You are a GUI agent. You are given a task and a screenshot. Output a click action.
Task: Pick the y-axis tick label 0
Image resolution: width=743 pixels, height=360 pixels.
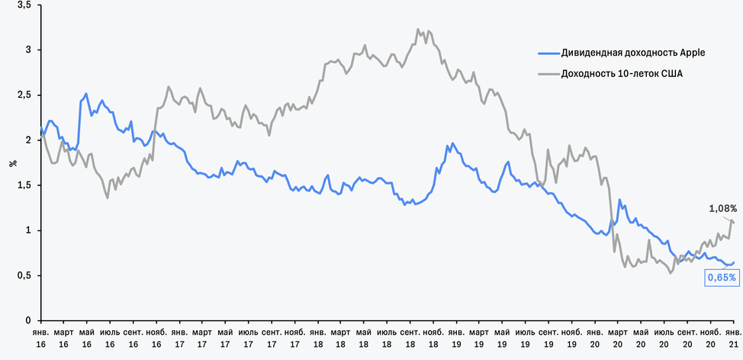[x=27, y=321]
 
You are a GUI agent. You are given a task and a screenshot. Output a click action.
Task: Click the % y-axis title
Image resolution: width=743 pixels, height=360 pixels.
[x=13, y=162]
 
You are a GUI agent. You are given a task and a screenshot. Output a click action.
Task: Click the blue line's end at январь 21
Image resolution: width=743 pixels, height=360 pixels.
[x=733, y=262]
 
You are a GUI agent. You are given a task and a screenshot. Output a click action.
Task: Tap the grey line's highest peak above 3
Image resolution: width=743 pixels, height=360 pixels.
[x=418, y=30]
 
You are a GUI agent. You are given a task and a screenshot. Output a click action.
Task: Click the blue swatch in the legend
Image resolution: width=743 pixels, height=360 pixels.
[x=547, y=53]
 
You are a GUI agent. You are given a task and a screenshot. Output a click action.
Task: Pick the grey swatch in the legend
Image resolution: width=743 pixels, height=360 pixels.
[x=547, y=74]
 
